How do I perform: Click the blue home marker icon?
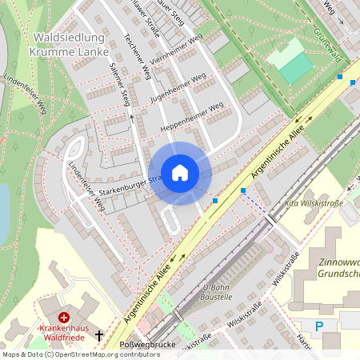180,172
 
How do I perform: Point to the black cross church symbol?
99,336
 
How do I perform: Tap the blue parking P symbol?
320,326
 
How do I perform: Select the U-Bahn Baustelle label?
218,291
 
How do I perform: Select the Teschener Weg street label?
138,56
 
